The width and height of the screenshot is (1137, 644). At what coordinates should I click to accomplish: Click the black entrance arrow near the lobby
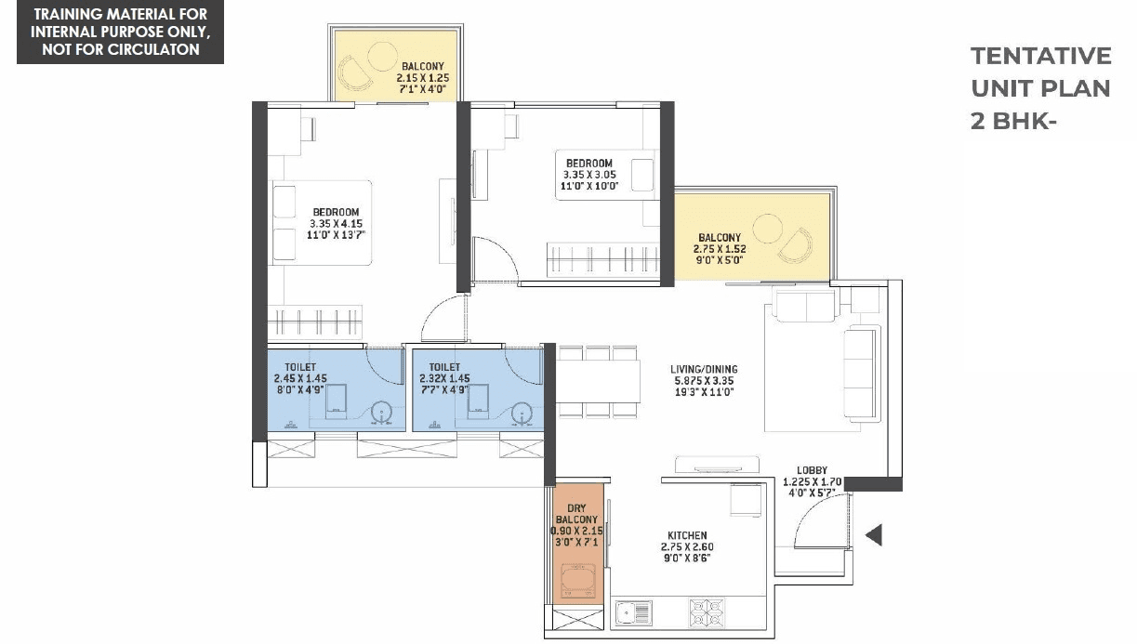[874, 535]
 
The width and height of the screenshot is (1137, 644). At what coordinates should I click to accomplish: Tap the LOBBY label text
[804, 471]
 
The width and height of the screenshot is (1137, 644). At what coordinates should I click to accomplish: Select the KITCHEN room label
[689, 536]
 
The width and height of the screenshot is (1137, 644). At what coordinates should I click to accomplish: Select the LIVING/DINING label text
[703, 369]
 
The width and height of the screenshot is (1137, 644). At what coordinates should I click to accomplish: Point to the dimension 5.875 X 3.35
[703, 381]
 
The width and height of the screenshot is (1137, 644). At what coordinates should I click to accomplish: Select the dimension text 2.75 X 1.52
[719, 249]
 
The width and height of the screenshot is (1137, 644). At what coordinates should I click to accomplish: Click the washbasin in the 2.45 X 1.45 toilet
[381, 411]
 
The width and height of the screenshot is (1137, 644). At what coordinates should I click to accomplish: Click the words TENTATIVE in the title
[1040, 56]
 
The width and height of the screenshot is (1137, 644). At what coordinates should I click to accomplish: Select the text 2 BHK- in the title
[1014, 121]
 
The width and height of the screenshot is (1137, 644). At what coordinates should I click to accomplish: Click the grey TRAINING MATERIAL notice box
[120, 32]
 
